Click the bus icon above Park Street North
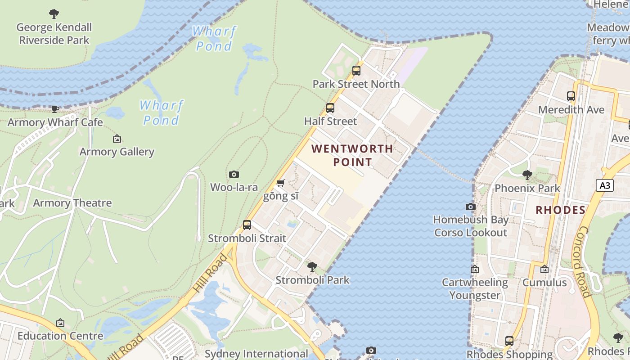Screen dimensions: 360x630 356,71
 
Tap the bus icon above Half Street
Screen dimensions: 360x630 330,108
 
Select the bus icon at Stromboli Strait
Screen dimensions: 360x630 247,225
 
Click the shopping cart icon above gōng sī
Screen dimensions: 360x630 280,183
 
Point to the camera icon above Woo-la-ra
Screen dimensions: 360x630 234,174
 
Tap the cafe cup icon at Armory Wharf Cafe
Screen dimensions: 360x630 55,109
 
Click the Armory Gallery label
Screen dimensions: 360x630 117,152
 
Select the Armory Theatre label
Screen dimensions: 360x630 72,203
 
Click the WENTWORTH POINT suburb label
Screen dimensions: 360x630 352,155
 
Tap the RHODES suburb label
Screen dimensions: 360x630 561,210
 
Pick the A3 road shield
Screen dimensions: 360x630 605,185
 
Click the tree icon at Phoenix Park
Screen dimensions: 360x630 527,175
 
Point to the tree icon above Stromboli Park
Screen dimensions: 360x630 312,266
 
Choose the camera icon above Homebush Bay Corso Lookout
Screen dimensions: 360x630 471,207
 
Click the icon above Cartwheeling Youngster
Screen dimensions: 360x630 475,269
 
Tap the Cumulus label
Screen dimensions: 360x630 544,283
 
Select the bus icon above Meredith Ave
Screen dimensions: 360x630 571,96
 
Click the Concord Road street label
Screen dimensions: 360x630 584,261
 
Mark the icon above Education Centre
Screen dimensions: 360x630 60,323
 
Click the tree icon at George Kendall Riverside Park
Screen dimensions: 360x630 54,14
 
